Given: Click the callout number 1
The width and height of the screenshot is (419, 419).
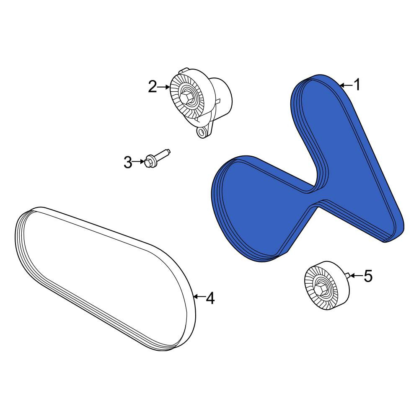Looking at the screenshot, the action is pos(357,85).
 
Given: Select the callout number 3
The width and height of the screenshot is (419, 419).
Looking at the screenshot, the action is pos(128,162).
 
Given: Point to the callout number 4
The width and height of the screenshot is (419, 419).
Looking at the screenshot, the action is pos(210,298).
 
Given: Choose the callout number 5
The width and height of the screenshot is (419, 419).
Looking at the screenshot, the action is pos(368,276).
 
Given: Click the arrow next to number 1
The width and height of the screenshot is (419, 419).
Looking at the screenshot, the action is pos(346,85).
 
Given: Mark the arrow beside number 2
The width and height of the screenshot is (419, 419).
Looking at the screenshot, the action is pos(163,87).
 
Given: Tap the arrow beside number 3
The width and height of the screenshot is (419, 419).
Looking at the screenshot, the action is pos(139,162).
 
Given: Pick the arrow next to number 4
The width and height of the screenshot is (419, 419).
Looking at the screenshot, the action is pos(199,296).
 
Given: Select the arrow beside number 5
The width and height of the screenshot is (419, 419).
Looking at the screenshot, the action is pos(357,275).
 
